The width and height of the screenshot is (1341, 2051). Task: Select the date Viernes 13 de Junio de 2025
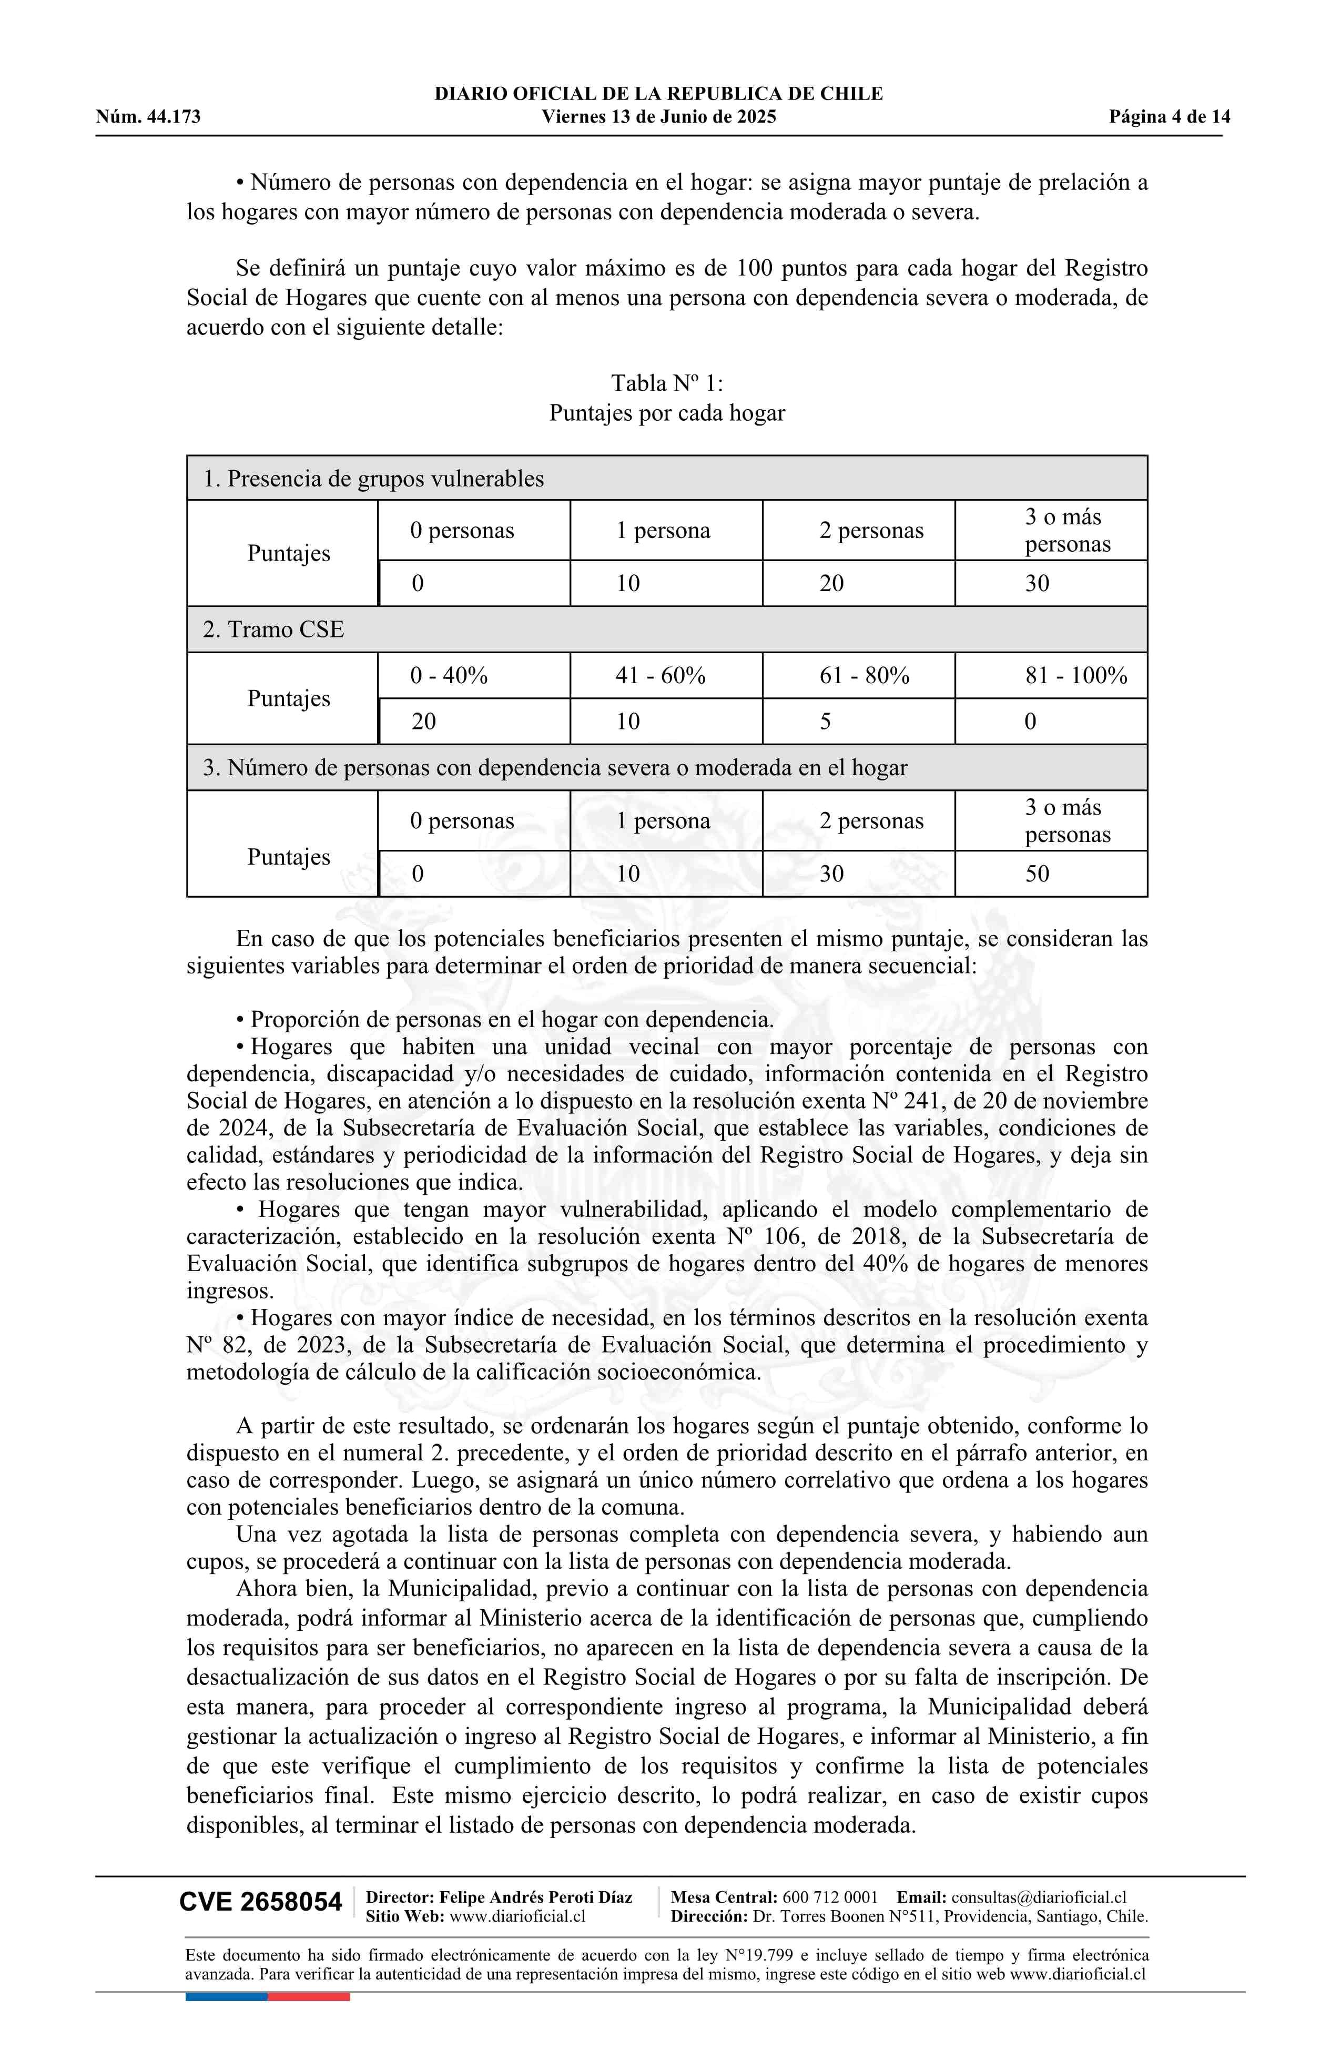[x=658, y=117]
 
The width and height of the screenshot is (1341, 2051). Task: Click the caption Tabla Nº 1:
[x=667, y=383]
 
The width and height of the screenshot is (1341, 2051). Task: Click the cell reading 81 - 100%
[x=1075, y=676]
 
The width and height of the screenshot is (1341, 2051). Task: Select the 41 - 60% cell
[x=660, y=676]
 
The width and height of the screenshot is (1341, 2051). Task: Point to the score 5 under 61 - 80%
[x=826, y=722]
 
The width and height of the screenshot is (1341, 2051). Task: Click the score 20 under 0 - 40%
[x=423, y=722]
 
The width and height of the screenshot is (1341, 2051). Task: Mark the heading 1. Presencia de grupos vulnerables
[x=373, y=479]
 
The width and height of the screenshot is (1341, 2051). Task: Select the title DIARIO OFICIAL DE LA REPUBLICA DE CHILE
[x=658, y=94]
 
